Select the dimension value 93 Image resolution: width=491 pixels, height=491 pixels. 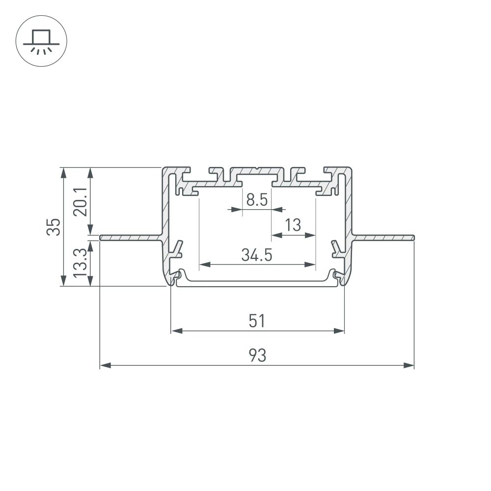point(257,355)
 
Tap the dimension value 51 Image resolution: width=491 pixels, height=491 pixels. point(257,321)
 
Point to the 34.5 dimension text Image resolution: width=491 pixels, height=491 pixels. point(257,255)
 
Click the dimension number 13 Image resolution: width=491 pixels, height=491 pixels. point(293,225)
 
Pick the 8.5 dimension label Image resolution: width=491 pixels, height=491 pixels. point(257,200)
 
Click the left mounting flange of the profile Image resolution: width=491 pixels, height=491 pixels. point(131,238)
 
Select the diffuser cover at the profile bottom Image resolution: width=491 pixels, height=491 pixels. point(257,283)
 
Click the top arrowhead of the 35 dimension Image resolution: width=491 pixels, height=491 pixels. point(63,172)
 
